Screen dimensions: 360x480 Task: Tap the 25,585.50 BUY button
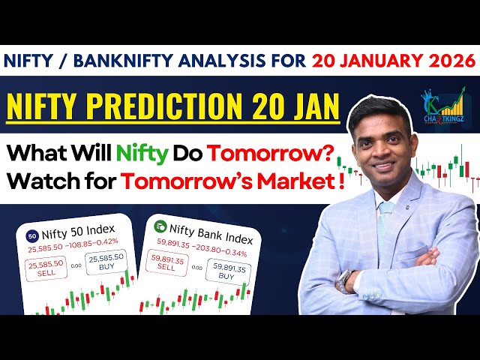[x=106, y=262]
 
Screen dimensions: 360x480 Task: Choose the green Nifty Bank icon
[x=159, y=226]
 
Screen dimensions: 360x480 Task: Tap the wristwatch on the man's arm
[x=344, y=280]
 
